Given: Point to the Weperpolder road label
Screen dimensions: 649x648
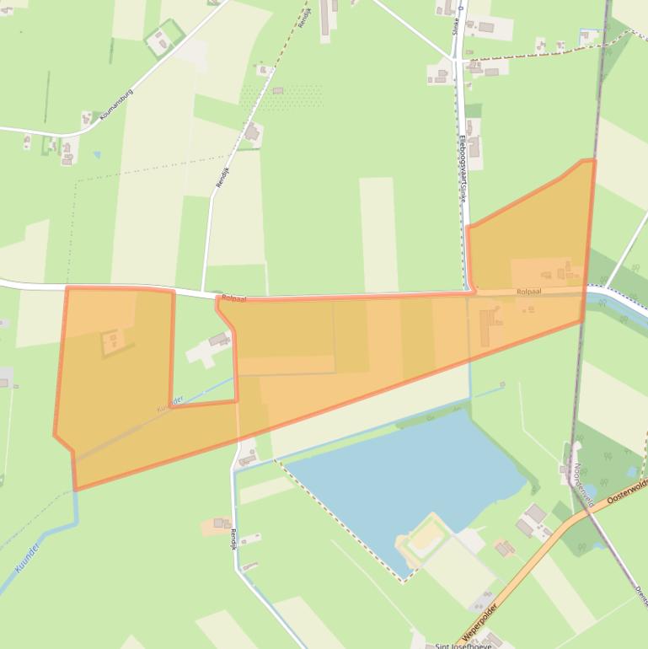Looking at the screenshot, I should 480,619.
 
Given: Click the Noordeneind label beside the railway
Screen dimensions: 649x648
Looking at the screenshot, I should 584,485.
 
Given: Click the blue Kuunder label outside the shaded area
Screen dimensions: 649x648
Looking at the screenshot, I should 28,557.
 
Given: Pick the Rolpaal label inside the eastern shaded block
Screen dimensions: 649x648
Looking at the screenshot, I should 528,291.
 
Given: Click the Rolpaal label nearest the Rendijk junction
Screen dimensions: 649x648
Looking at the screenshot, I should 234,298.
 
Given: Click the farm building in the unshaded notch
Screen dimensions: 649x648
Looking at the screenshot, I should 219,340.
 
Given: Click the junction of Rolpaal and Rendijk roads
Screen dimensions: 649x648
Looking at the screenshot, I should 203,293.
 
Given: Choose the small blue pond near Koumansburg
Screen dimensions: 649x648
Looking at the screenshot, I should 97,155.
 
